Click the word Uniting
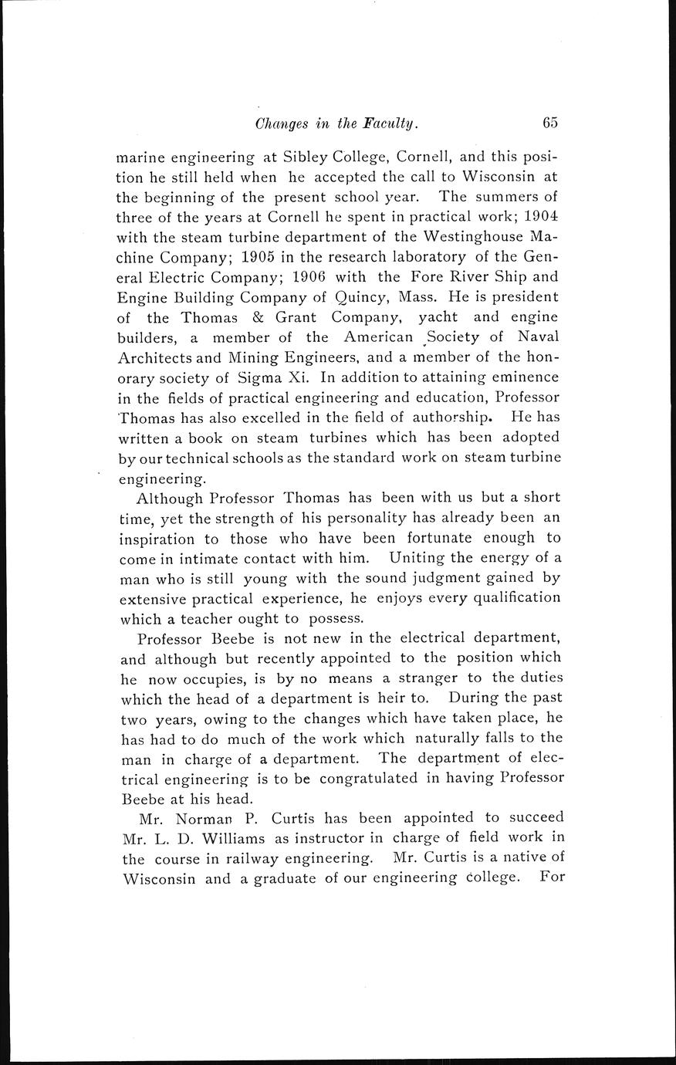pyautogui.click(x=418, y=557)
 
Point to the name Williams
pyautogui.click(x=229, y=838)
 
